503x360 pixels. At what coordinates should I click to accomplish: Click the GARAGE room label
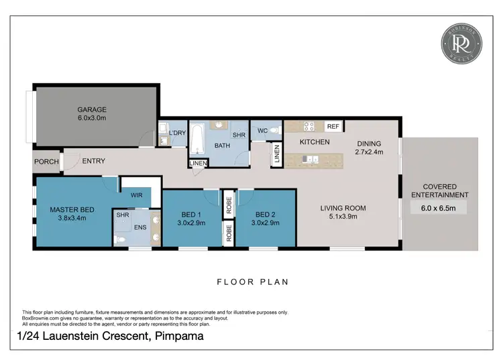click(x=91, y=110)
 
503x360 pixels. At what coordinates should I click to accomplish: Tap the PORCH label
click(x=46, y=162)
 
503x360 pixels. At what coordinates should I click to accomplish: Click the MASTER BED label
click(x=72, y=210)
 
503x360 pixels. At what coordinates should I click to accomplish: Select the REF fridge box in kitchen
click(x=332, y=126)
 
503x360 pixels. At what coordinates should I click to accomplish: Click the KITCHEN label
click(x=314, y=143)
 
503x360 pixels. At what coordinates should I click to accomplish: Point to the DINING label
click(x=369, y=143)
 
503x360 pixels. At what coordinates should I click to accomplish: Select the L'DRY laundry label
click(x=177, y=133)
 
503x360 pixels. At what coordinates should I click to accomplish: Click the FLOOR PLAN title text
click(x=252, y=282)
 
